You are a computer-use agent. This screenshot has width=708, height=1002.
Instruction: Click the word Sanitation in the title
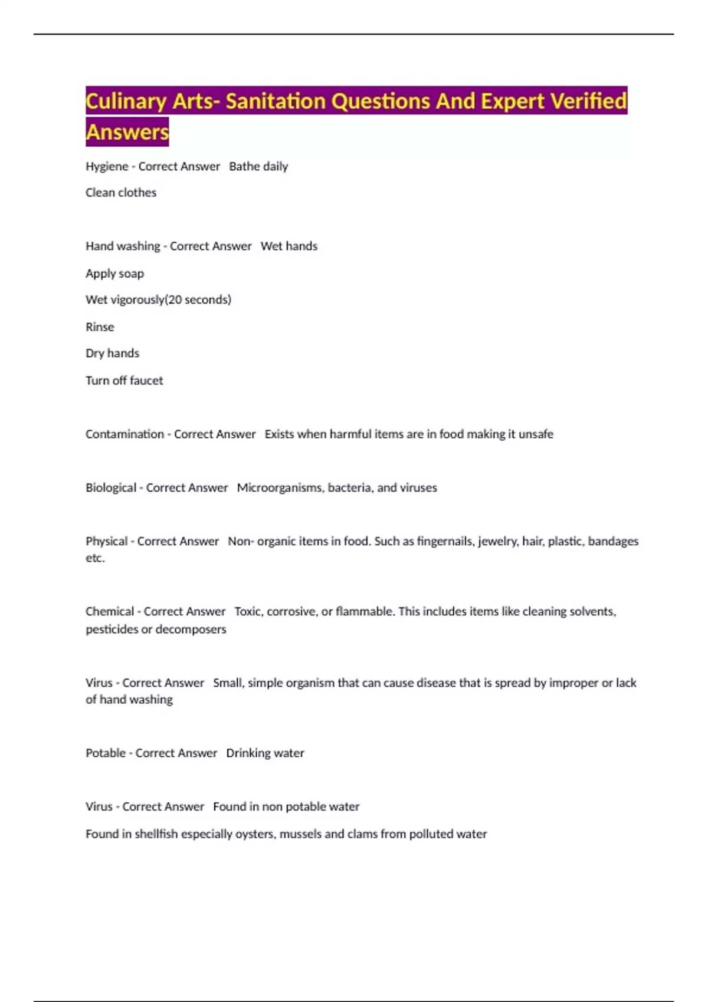276,101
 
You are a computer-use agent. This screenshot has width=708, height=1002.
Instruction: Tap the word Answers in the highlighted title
127,131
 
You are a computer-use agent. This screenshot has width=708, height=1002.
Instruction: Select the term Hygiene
107,167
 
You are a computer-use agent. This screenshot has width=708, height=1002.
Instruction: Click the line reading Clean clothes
121,193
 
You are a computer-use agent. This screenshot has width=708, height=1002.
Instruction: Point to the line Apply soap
114,273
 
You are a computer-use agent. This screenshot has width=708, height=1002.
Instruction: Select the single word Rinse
100,327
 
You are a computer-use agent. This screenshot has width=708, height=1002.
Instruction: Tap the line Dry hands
112,353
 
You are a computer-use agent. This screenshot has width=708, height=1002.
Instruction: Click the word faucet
146,380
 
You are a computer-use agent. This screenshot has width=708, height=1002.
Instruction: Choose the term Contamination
124,434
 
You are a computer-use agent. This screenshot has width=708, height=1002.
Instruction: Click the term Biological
111,488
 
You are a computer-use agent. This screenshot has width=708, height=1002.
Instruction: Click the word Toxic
247,612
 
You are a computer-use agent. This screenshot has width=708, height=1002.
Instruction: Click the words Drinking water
265,753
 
